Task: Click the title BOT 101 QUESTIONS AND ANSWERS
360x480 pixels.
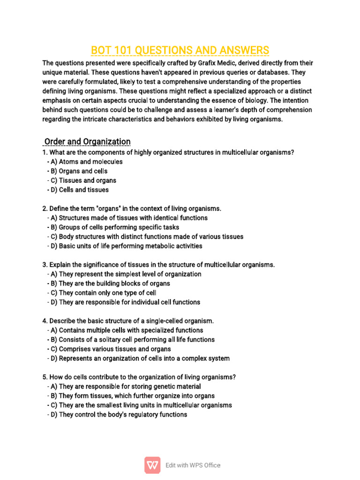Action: point(180,50)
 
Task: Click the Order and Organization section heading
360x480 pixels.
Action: point(87,142)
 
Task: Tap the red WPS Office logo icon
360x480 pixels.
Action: point(152,465)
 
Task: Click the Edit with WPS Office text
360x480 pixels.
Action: point(193,465)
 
